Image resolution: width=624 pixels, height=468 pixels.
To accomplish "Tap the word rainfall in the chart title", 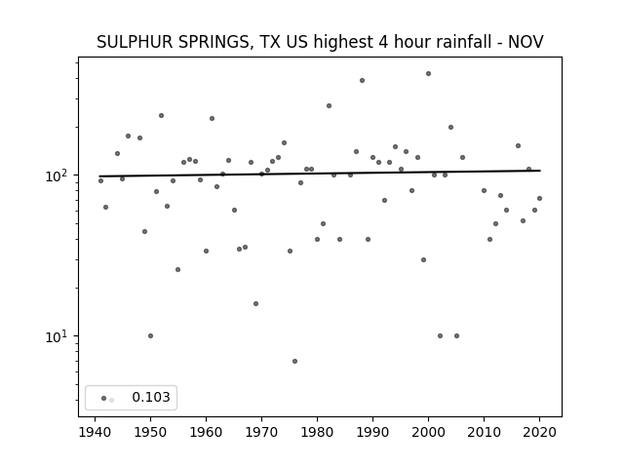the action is pyautogui.click(x=468, y=42).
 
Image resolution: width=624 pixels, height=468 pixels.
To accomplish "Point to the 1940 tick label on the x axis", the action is pyautogui.click(x=95, y=433).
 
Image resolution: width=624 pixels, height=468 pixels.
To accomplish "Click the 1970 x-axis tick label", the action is pyautogui.click(x=261, y=433).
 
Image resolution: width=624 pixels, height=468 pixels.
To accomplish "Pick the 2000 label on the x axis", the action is pyautogui.click(x=428, y=433).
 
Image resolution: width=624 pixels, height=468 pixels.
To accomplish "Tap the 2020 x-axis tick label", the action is pyautogui.click(x=539, y=433).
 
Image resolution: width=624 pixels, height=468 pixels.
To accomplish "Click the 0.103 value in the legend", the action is pyautogui.click(x=151, y=397).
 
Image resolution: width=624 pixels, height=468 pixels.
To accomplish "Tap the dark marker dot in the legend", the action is pyautogui.click(x=104, y=398).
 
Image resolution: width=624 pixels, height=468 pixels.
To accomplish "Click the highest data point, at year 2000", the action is pyautogui.click(x=428, y=74).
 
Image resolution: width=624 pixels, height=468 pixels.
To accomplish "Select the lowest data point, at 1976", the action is pyautogui.click(x=294, y=362).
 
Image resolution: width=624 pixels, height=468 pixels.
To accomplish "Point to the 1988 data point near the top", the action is pyautogui.click(x=362, y=80).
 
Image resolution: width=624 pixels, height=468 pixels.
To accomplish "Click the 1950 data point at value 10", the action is pyautogui.click(x=150, y=335).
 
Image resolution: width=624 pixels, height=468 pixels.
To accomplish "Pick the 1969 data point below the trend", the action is pyautogui.click(x=255, y=303).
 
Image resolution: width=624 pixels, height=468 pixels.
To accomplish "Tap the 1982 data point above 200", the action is pyautogui.click(x=330, y=106).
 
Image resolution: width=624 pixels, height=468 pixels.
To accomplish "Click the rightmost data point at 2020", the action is pyautogui.click(x=539, y=198).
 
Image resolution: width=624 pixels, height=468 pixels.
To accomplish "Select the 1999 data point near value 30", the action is pyautogui.click(x=423, y=260).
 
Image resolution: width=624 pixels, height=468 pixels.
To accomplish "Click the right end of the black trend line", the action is pyautogui.click(x=540, y=171).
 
